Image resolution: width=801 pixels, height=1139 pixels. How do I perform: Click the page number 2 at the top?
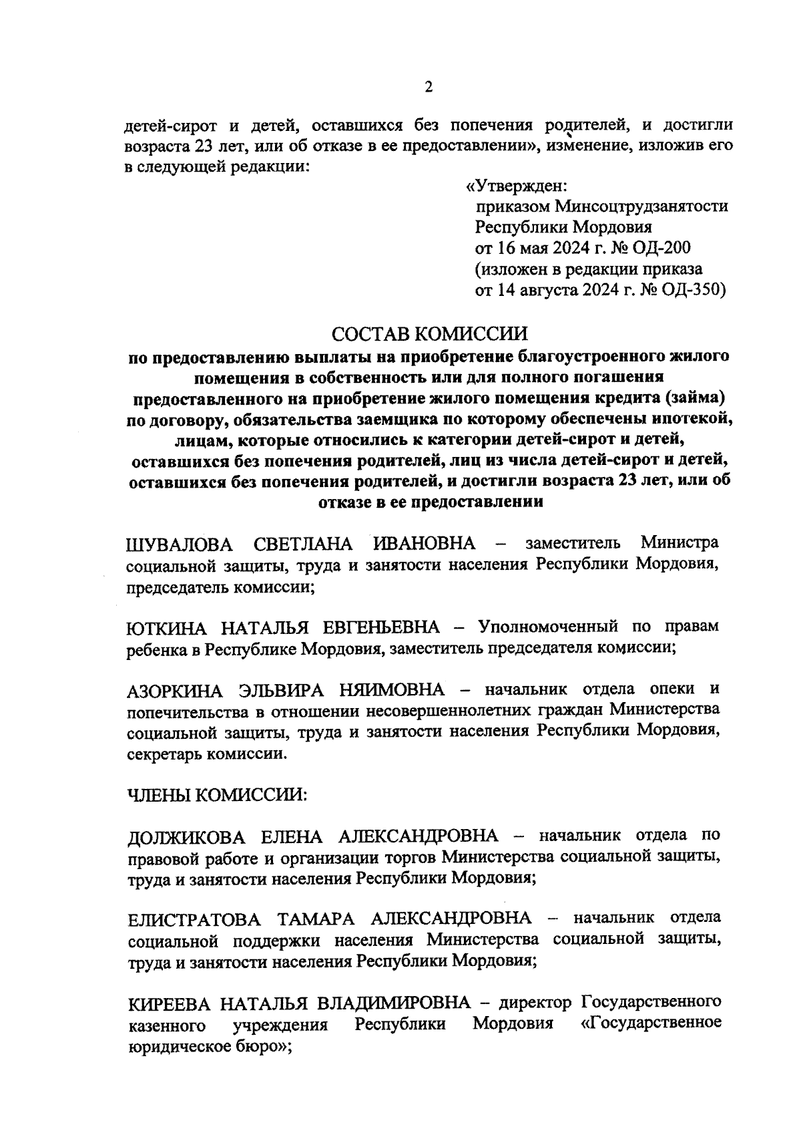(429, 88)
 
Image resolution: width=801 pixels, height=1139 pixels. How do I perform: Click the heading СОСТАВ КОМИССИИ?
(429, 333)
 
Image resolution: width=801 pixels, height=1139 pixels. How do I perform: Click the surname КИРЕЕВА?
(168, 1003)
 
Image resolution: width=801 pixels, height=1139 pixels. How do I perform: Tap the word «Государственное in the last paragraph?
(651, 1024)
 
